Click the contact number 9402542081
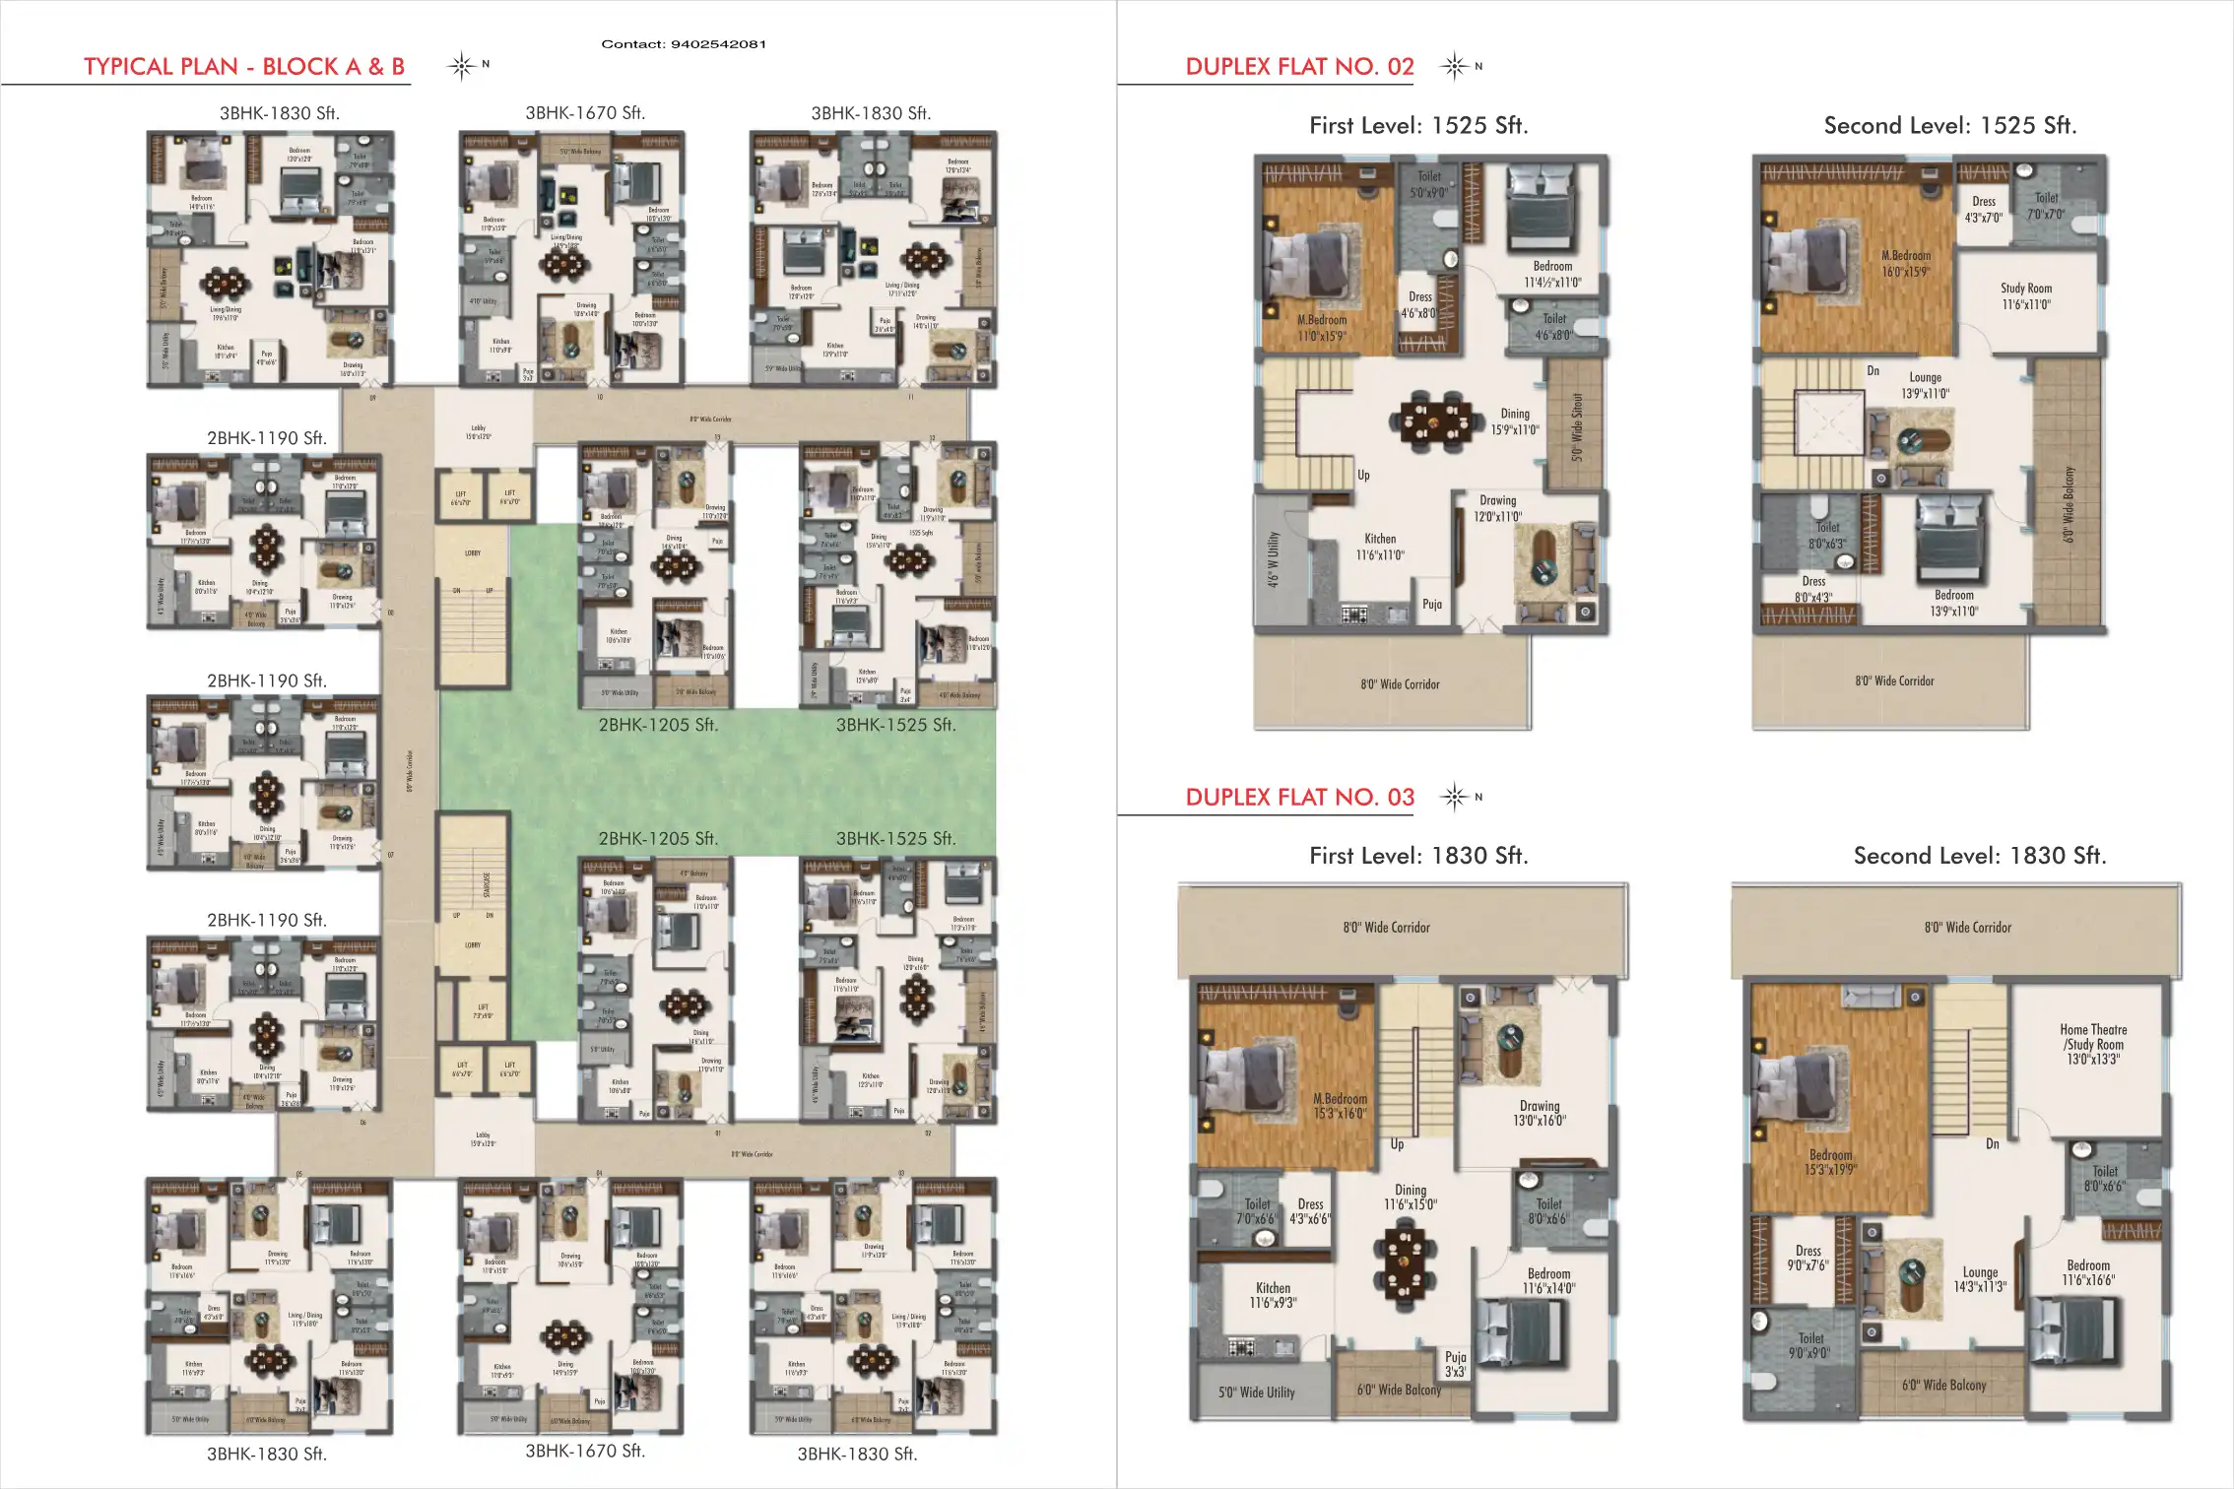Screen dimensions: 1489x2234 click(684, 44)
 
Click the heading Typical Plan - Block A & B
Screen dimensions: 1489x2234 click(243, 67)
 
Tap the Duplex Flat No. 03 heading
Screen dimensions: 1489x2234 click(1299, 797)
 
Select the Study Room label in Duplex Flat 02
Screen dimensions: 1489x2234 click(2026, 296)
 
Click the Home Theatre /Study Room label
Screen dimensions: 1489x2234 click(2093, 1044)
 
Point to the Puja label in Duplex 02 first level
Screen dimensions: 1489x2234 click(1432, 605)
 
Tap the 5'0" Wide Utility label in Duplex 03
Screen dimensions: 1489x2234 click(1256, 1392)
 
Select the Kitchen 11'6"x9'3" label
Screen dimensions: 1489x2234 click(1273, 1295)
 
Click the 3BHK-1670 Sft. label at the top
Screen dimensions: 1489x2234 click(585, 113)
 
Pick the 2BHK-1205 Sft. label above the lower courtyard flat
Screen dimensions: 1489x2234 click(658, 839)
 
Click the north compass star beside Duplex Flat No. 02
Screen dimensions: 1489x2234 click(1454, 66)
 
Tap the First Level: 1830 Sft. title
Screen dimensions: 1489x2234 click(1418, 856)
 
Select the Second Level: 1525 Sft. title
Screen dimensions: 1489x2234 click(1949, 126)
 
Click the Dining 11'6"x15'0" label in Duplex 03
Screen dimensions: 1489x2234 click(1411, 1197)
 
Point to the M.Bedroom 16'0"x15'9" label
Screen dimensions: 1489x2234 click(1906, 263)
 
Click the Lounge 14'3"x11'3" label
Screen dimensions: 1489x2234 click(1980, 1279)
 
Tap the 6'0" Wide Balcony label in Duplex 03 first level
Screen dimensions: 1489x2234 click(1399, 1390)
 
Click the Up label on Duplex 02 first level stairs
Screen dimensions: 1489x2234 click(1363, 475)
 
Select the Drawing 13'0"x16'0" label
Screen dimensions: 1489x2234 click(1540, 1113)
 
